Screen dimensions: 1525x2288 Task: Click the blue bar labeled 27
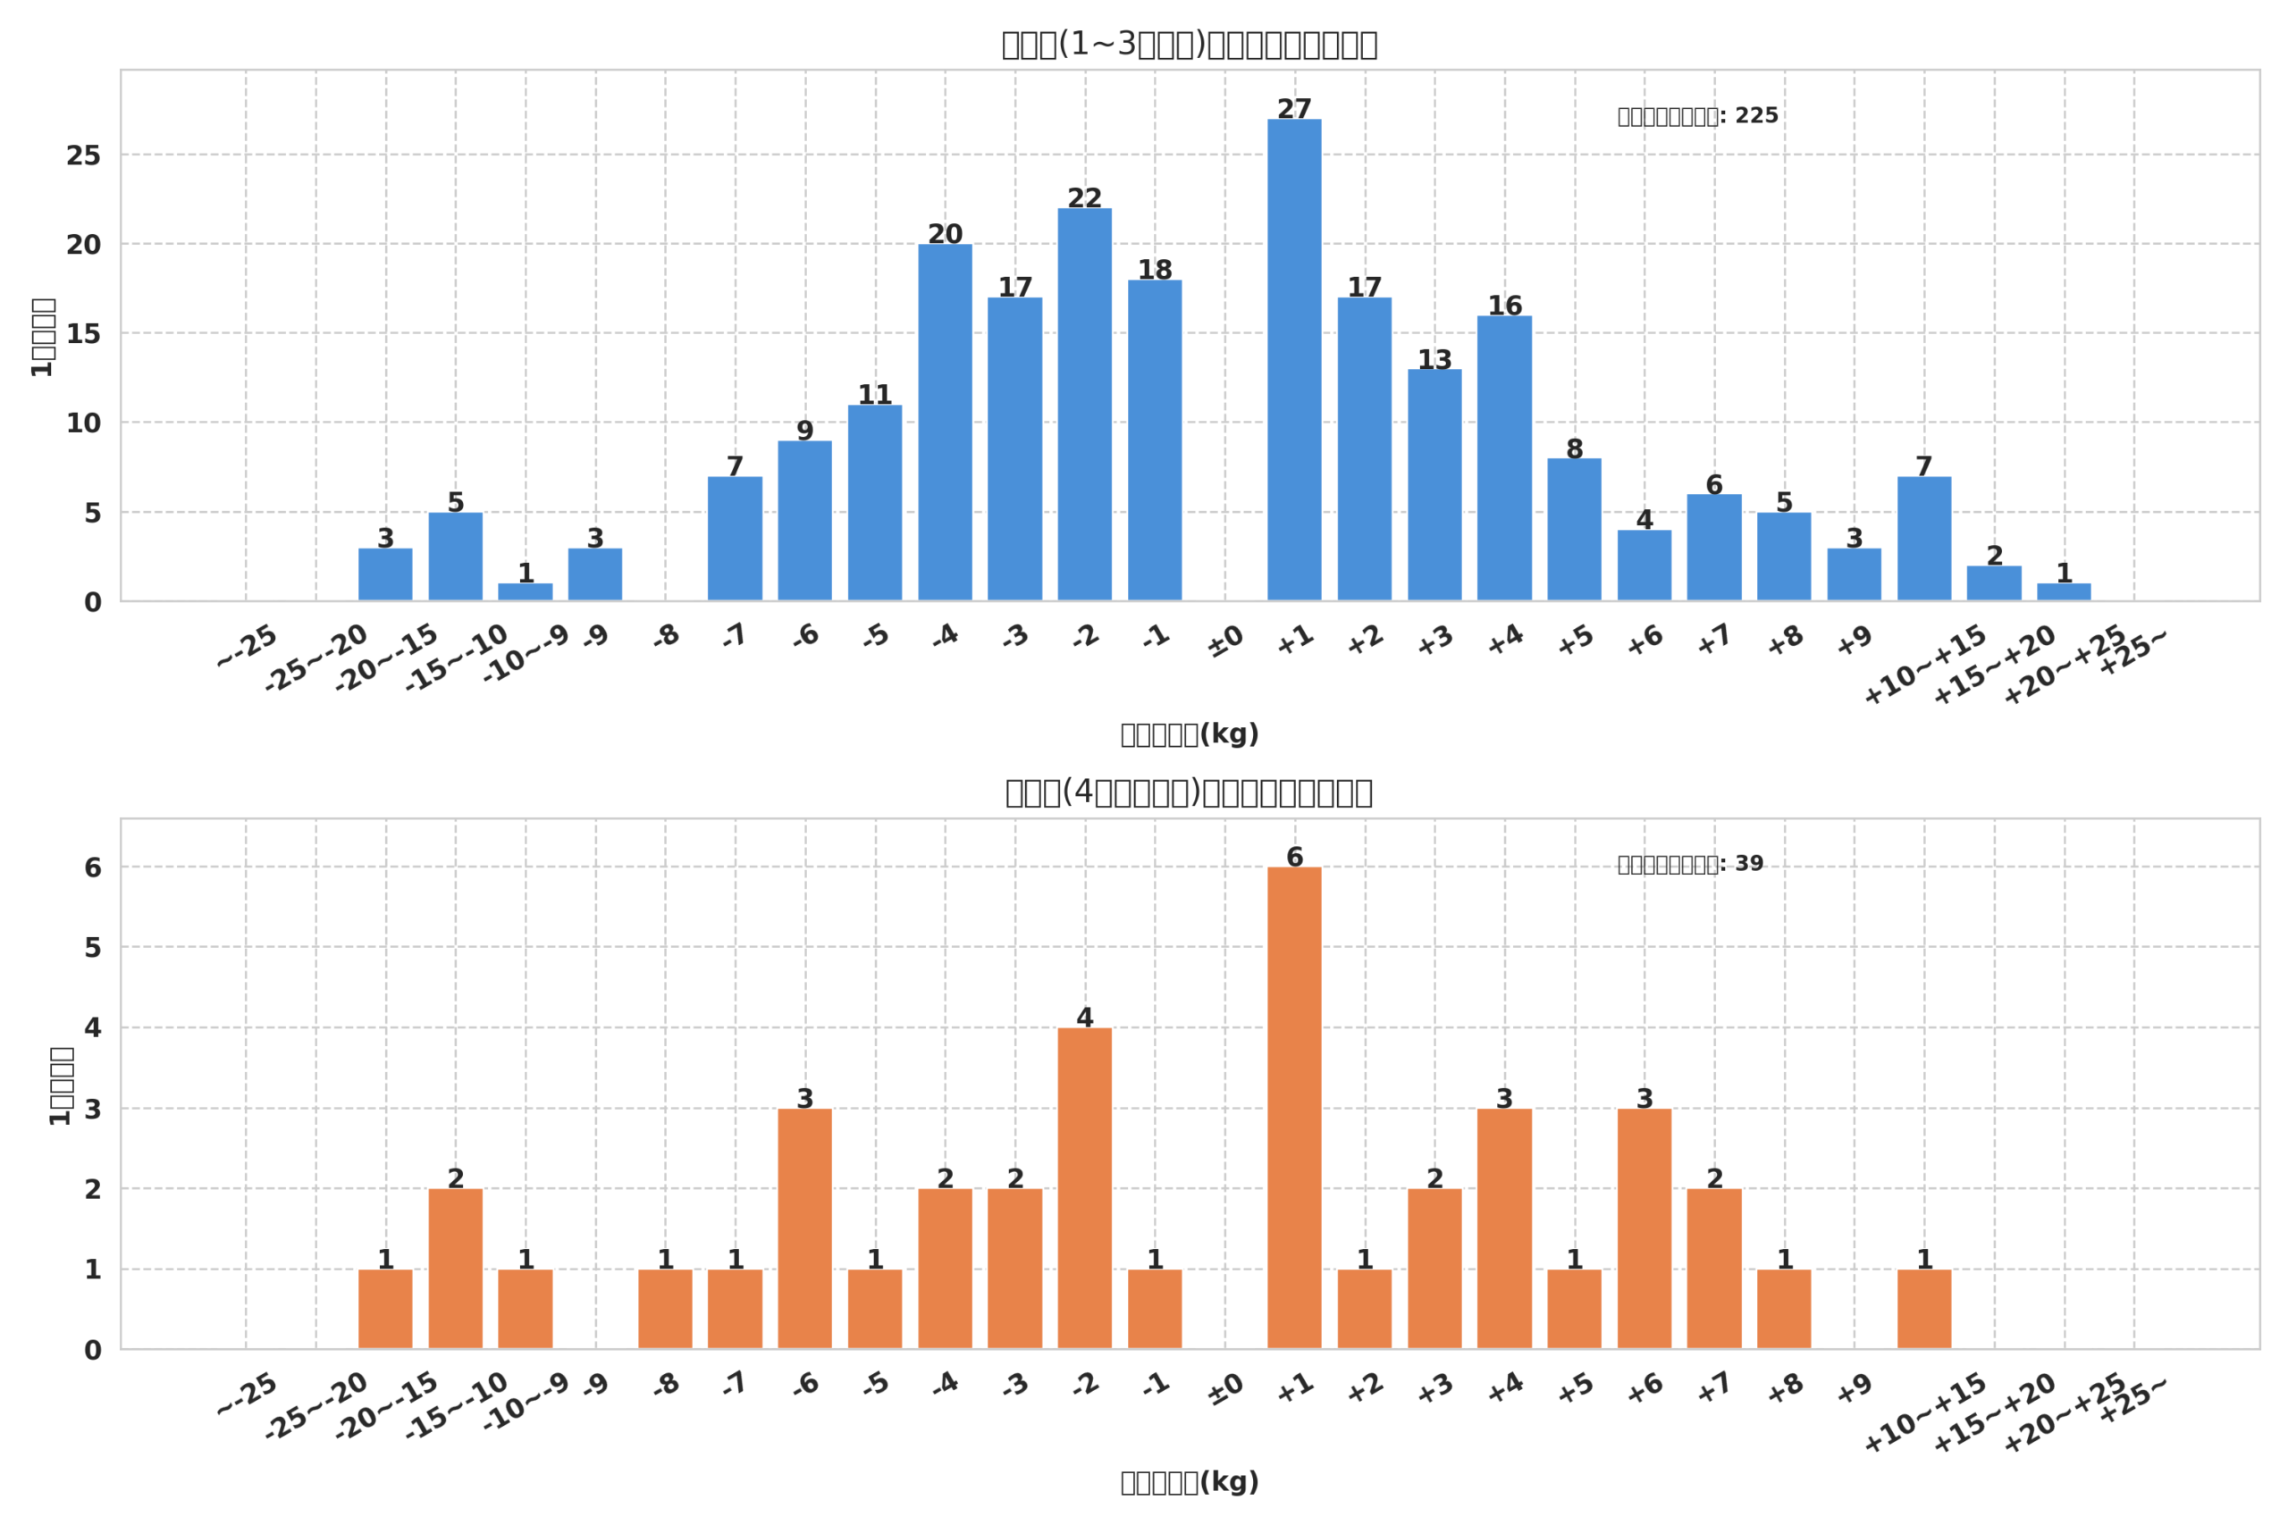(1294, 360)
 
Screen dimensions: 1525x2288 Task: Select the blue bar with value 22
(1085, 405)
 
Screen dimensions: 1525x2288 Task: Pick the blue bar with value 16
(1504, 458)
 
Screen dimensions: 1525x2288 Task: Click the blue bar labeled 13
(1434, 485)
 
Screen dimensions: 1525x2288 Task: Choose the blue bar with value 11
(875, 503)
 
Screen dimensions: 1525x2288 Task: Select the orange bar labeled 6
(1294, 1108)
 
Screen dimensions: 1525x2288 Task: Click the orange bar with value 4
(1085, 1188)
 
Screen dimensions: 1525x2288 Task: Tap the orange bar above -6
(804, 1228)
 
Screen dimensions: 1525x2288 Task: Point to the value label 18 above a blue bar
(1155, 270)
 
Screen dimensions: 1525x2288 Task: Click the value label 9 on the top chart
(804, 431)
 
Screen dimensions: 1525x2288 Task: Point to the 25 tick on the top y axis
(84, 155)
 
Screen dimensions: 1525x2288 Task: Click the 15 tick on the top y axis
(84, 334)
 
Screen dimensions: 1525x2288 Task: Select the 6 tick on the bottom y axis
(92, 867)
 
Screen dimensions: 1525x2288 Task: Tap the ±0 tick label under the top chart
(1225, 641)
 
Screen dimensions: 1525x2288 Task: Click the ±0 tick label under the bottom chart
(1225, 1390)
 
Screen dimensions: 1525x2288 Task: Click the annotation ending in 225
(1697, 116)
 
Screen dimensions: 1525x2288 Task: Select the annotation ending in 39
(1690, 865)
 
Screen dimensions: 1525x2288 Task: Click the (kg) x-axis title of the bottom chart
(1190, 1482)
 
